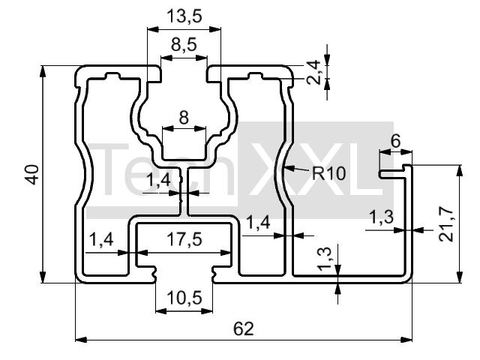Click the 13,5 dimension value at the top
tap(184, 16)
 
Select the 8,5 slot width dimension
tap(184, 45)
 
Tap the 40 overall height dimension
tap(32, 175)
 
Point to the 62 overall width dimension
tap(244, 328)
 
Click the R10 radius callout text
tap(328, 173)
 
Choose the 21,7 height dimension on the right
tap(446, 224)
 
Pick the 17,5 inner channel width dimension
tap(184, 239)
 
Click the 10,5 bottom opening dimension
tap(184, 298)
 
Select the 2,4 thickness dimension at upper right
tap(313, 73)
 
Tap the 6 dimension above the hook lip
tap(396, 142)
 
